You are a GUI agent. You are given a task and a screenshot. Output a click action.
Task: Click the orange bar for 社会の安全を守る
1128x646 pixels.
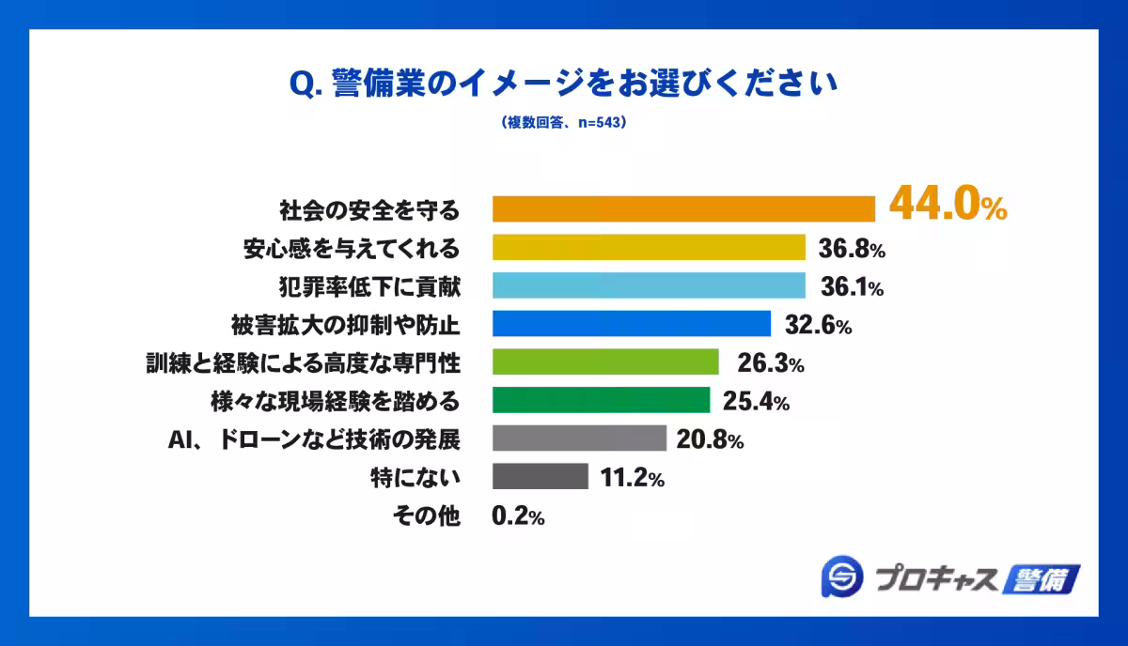click(x=684, y=208)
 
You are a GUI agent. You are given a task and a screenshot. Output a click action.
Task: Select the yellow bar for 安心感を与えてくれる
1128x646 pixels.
click(x=650, y=247)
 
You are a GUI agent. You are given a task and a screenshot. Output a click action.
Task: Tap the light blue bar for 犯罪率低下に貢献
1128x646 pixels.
click(x=650, y=285)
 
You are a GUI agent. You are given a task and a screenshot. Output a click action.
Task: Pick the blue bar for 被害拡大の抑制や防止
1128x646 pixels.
click(x=632, y=324)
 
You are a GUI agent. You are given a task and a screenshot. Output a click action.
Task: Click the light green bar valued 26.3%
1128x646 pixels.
click(x=605, y=362)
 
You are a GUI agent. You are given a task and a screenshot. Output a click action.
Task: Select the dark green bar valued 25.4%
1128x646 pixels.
click(x=602, y=401)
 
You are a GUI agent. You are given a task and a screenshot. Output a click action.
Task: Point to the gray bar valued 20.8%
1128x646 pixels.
click(x=579, y=438)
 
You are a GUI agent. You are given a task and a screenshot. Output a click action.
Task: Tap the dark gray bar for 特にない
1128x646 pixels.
click(x=540, y=477)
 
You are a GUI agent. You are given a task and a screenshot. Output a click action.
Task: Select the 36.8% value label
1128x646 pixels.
click(x=850, y=249)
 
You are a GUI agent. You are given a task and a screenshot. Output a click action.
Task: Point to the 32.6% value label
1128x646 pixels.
click(x=815, y=326)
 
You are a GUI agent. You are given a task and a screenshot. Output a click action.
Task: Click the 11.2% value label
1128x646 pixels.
click(x=632, y=478)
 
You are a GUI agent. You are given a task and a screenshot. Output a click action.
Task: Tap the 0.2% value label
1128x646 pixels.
click(x=518, y=516)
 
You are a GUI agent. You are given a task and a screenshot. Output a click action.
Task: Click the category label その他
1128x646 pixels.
click(x=425, y=516)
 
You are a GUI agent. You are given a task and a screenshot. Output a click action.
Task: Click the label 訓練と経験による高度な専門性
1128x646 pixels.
click(x=303, y=363)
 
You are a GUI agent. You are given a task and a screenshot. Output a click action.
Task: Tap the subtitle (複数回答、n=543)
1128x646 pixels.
click(x=563, y=123)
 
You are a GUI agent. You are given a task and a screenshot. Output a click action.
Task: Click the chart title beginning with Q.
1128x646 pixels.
click(x=563, y=84)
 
